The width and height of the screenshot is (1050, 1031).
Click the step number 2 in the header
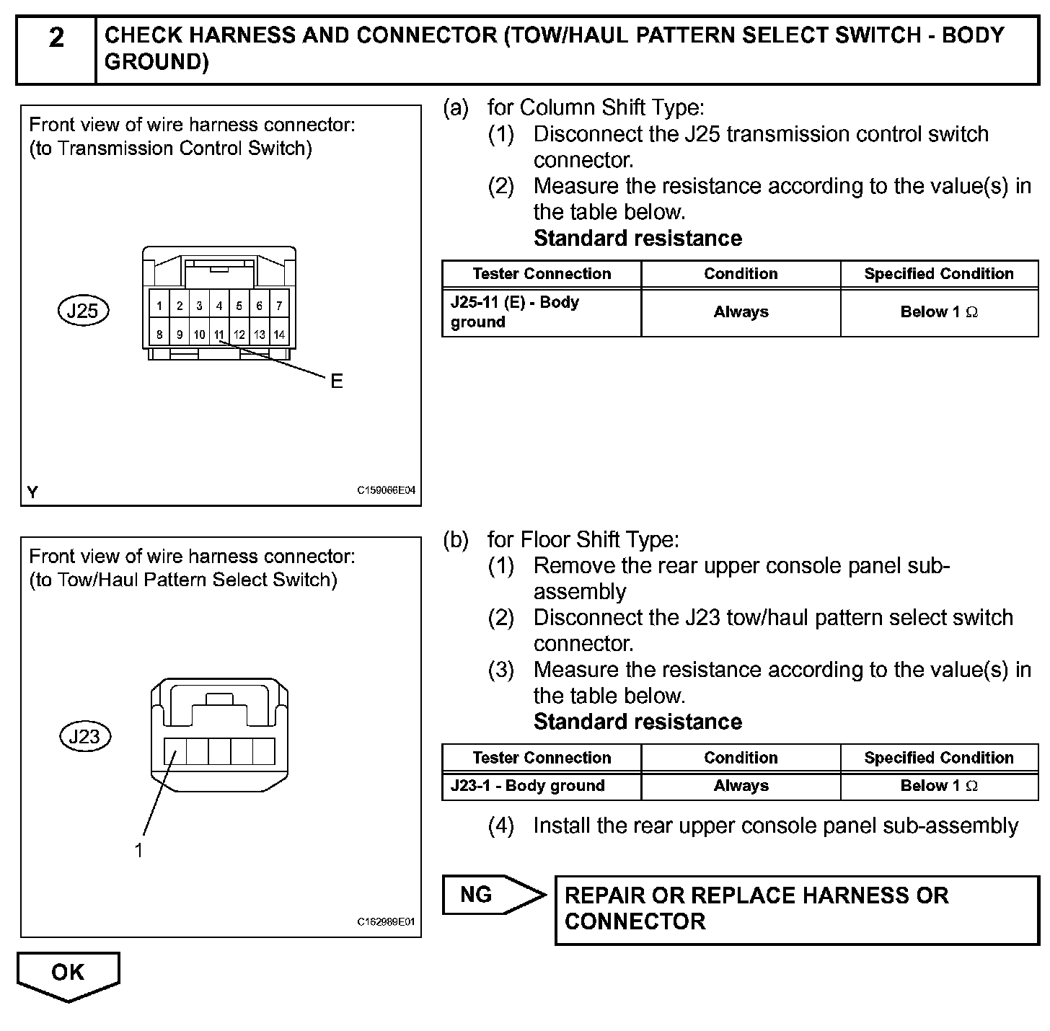(x=56, y=37)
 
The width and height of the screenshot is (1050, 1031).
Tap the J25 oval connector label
(x=82, y=311)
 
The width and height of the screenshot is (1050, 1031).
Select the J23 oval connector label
(x=84, y=736)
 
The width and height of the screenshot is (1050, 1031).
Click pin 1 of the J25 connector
(x=159, y=306)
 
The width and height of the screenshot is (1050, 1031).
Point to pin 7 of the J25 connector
(x=279, y=306)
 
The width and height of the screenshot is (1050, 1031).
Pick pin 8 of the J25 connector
(x=159, y=335)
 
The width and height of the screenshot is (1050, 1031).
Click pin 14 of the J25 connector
(x=279, y=335)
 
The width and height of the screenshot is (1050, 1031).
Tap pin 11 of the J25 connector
(x=219, y=335)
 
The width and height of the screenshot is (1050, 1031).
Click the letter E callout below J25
(x=336, y=381)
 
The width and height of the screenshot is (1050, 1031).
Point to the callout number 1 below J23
(x=138, y=851)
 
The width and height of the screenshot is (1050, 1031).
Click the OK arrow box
(x=68, y=974)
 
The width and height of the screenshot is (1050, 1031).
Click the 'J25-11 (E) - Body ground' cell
(x=541, y=312)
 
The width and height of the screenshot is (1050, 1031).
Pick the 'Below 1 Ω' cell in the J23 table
(x=939, y=786)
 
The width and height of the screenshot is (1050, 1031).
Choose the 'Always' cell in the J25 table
(x=741, y=312)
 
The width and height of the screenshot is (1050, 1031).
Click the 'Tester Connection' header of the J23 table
(x=541, y=758)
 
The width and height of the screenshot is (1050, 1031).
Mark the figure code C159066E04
(x=386, y=490)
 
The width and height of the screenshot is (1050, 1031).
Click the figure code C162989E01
(x=386, y=922)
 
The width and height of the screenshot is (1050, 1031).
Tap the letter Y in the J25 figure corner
(x=32, y=492)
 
